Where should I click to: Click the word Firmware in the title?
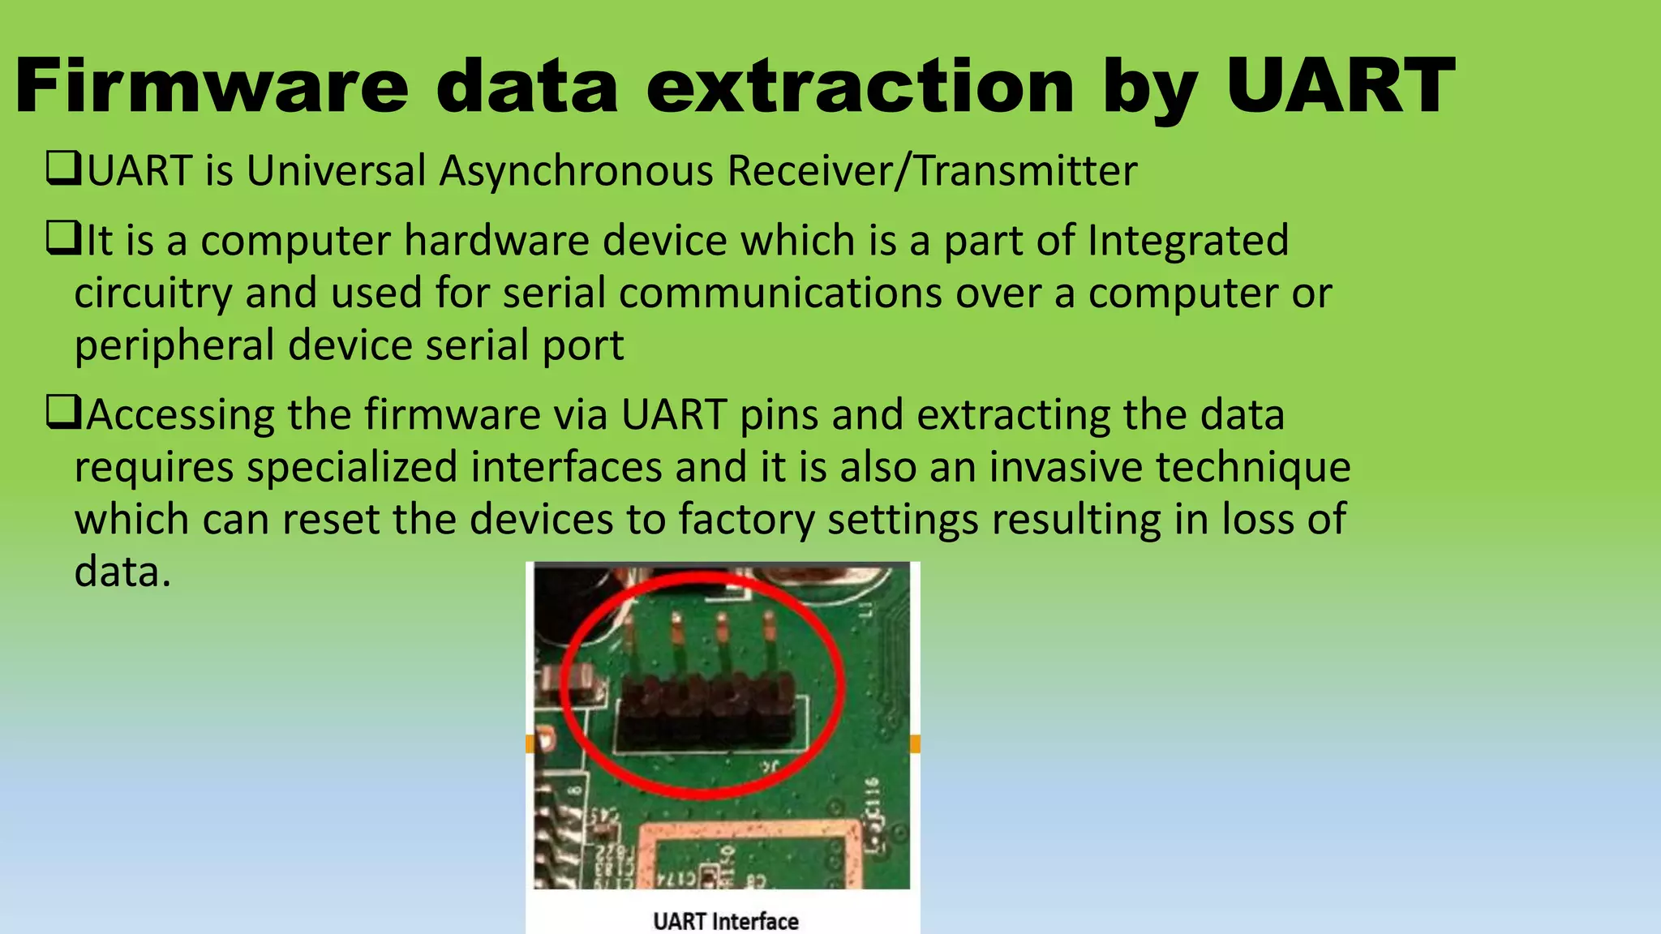[x=211, y=87]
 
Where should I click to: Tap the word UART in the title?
[x=1340, y=87]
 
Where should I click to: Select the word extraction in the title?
[x=860, y=87]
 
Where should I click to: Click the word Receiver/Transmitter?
[x=932, y=172]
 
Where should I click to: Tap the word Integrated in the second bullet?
[x=1187, y=241]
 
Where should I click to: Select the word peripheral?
[x=174, y=346]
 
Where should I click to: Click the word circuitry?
[x=153, y=293]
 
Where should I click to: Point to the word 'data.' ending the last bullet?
[x=122, y=572]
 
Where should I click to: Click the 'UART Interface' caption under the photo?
[x=725, y=921]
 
